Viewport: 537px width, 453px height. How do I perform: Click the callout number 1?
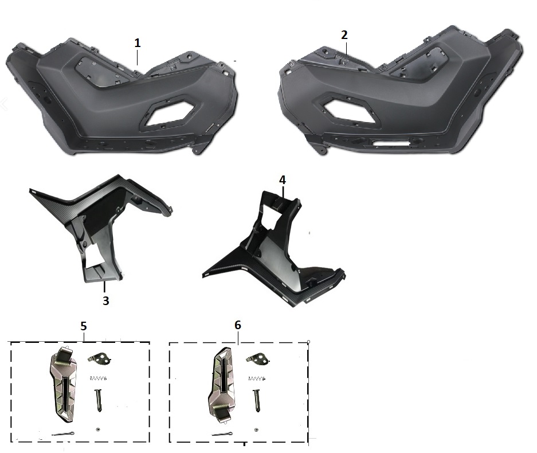(x=138, y=43)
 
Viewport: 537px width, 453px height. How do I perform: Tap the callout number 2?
(x=344, y=35)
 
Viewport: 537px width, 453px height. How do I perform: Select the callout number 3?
(x=106, y=300)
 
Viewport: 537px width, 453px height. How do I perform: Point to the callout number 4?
(x=283, y=180)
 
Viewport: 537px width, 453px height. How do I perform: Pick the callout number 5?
(x=84, y=326)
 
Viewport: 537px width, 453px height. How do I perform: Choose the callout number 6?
(x=238, y=325)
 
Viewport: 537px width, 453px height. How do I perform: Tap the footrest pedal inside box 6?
(x=222, y=385)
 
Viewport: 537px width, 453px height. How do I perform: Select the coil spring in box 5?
(x=99, y=378)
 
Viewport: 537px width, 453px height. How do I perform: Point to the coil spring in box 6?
(x=257, y=378)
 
